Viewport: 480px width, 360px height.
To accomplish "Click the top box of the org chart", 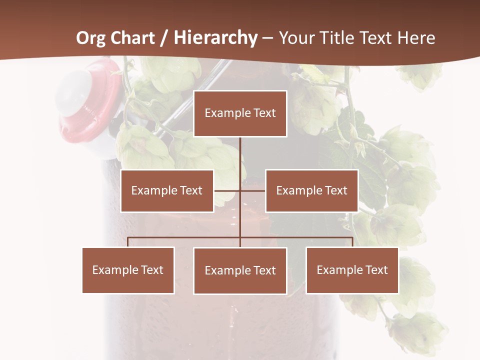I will [240, 113].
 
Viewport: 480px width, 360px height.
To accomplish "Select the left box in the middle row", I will [167, 190].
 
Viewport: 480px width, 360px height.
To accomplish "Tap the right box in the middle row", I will [311, 190].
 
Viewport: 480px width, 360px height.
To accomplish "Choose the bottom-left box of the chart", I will [128, 270].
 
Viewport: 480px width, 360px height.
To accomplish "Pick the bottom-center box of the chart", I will [240, 270].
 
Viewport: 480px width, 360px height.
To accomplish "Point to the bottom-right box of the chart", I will [352, 270].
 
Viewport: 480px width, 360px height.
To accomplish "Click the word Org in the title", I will [90, 38].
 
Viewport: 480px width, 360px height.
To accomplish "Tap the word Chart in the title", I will [132, 38].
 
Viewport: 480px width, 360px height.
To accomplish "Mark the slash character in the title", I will [163, 38].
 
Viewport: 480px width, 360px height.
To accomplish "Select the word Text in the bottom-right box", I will [376, 270].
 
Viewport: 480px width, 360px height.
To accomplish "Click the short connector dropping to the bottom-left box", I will [128, 242].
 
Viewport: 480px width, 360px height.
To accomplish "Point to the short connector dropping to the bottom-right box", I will [352, 242].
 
